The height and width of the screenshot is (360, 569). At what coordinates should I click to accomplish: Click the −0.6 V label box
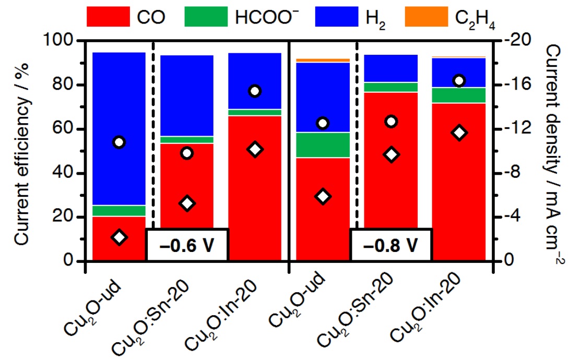tap(186, 244)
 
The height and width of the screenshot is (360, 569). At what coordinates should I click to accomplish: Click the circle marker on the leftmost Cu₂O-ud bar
tap(119, 142)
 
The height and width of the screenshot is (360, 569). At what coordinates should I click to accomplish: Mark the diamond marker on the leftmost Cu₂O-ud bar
tap(119, 237)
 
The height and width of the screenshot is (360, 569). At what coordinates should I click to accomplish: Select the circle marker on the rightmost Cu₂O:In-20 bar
tap(459, 80)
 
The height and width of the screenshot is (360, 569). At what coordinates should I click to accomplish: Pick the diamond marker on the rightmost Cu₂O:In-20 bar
tap(459, 133)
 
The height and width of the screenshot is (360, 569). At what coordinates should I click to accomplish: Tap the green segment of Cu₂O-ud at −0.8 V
tap(323, 145)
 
